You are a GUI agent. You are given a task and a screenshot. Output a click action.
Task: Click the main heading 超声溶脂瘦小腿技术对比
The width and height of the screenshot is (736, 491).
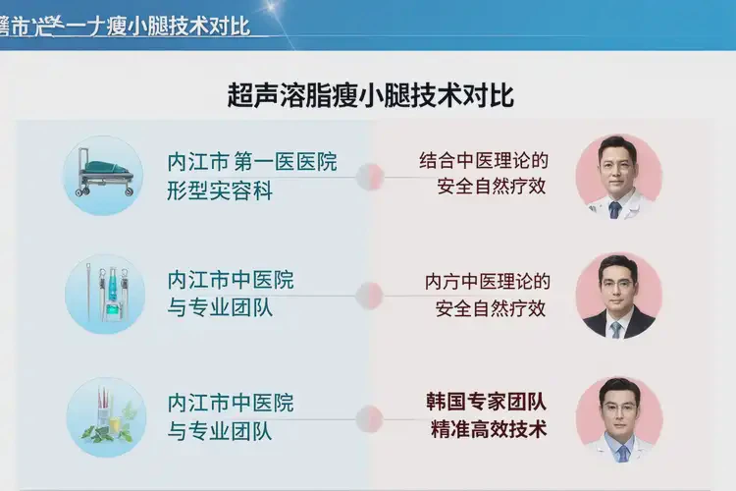click(x=370, y=96)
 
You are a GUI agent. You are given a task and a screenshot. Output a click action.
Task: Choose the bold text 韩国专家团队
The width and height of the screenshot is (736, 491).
click(x=486, y=402)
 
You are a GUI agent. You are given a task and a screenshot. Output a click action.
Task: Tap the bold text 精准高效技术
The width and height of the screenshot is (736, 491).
click(x=486, y=429)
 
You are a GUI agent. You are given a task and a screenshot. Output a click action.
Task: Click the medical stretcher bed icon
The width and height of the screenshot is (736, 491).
click(x=105, y=175)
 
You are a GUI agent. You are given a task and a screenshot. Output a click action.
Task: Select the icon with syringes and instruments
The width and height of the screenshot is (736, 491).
click(x=105, y=294)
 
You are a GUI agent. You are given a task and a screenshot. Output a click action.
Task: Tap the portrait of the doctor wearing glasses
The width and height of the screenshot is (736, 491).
click(x=618, y=418)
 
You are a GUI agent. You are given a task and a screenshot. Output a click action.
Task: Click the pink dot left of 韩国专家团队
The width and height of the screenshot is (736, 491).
click(x=370, y=416)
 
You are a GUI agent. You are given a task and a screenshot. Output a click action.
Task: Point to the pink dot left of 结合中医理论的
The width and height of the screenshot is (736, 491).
click(x=370, y=177)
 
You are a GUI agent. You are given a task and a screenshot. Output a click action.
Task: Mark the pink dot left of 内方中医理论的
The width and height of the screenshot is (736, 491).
click(x=370, y=295)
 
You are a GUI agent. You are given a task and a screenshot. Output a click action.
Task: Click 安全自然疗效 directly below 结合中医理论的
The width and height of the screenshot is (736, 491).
click(x=491, y=187)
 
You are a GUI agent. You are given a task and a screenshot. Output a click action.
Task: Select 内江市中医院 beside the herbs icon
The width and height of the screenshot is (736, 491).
click(x=231, y=403)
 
